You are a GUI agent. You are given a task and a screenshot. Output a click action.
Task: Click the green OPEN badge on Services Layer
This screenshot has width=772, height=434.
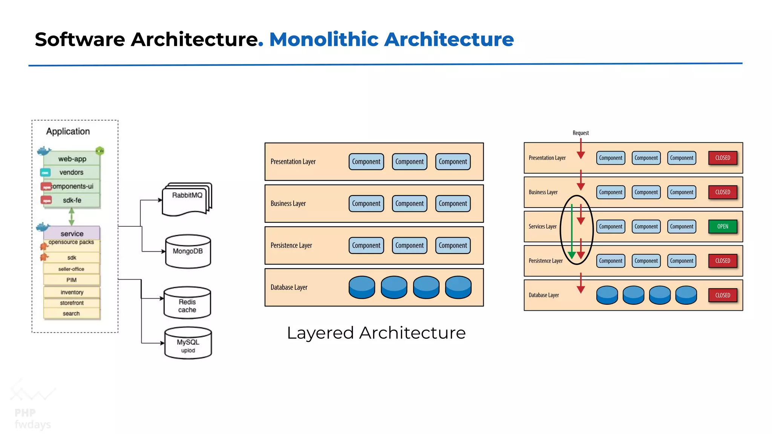722,226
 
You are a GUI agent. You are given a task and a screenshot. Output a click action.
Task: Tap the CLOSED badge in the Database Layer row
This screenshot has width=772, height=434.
722,295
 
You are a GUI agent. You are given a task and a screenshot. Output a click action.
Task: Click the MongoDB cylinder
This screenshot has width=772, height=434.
188,252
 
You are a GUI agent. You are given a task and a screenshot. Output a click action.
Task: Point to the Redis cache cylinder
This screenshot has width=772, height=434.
187,304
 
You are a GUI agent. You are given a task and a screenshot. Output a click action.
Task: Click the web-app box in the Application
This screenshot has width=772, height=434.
72,159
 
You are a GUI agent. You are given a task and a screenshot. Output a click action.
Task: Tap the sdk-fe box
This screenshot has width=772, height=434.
72,200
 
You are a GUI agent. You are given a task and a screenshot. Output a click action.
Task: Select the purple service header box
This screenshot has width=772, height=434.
72,233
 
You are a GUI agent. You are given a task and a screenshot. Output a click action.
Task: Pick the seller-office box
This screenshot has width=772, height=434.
71,269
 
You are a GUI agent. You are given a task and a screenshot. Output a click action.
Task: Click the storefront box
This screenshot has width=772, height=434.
72,303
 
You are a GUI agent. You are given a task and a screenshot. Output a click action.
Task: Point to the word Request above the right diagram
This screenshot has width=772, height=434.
581,133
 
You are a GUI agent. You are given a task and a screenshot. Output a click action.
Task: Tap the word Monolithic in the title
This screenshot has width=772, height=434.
324,39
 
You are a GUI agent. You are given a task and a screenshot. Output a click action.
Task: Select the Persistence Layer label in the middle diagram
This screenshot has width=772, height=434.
291,245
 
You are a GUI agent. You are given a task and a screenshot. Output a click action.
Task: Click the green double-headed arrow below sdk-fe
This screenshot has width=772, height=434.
71,217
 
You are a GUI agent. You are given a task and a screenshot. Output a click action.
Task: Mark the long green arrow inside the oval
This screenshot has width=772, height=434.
572,230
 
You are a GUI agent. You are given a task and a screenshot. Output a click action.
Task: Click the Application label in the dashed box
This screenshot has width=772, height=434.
68,131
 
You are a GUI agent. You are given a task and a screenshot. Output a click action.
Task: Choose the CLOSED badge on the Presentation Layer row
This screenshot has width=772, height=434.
722,158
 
